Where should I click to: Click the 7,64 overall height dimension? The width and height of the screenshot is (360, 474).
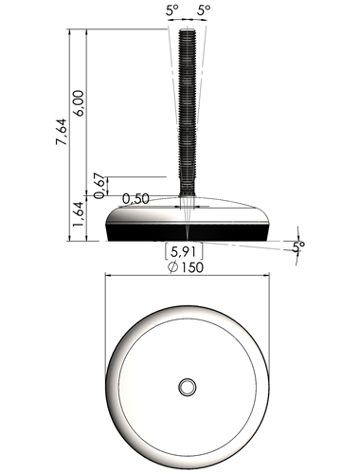click(62, 132)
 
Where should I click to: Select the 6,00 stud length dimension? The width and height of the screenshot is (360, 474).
click(79, 103)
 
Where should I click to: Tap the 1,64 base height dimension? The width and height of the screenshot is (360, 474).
click(79, 213)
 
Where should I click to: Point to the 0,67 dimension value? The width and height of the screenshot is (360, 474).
click(99, 186)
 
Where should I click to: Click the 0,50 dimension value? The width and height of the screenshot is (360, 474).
click(135, 199)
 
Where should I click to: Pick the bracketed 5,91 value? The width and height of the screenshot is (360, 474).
click(184, 252)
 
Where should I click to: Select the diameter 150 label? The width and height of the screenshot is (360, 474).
click(186, 267)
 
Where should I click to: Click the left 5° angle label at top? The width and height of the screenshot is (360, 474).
click(172, 10)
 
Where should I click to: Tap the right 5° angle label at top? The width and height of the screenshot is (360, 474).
click(204, 10)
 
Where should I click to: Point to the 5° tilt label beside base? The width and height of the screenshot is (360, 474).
click(298, 246)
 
